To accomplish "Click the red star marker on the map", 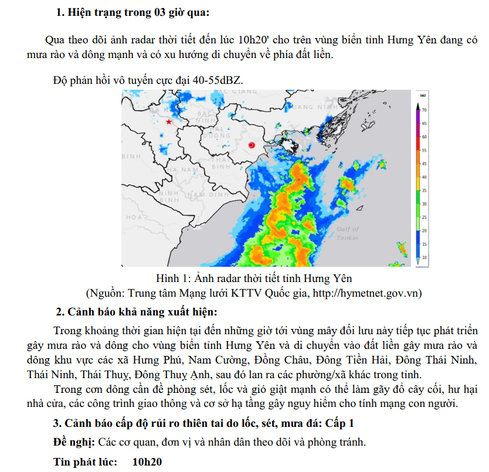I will pos(169,122).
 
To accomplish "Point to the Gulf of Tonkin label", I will pos(348,233).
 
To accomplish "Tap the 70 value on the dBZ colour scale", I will pos(423,110).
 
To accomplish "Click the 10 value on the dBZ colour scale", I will pos(423,257).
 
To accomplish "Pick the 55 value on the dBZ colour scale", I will pos(423,150).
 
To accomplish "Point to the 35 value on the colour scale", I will pos(423,191).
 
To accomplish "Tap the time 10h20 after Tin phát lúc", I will pos(147,461).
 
